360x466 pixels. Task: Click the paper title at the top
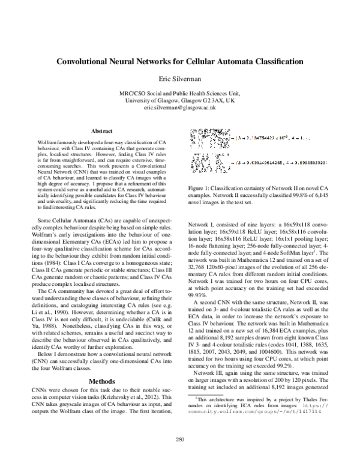[x=179, y=61]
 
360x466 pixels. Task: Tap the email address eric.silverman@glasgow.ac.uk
[x=179, y=107]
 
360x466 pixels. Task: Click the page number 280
[x=179, y=440]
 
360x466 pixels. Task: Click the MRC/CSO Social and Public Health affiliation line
[x=179, y=93]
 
